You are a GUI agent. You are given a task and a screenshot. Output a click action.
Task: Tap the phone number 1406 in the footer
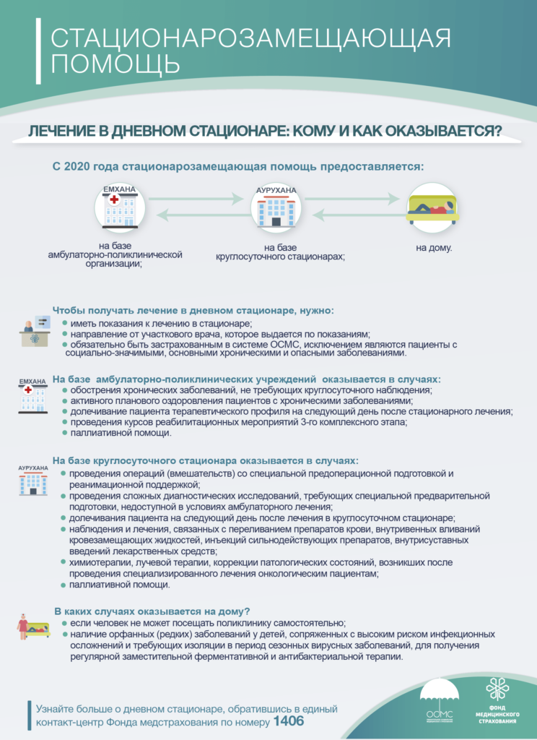[289, 721]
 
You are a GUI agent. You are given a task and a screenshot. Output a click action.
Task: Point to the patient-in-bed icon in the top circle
[432, 207]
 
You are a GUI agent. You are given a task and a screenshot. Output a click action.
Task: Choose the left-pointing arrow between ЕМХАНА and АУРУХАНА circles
[197, 214]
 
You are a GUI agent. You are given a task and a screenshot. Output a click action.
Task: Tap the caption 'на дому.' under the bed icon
[434, 249]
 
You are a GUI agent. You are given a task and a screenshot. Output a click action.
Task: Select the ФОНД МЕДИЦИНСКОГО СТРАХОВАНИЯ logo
[497, 697]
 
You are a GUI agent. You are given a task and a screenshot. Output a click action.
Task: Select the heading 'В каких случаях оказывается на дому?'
[152, 611]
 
